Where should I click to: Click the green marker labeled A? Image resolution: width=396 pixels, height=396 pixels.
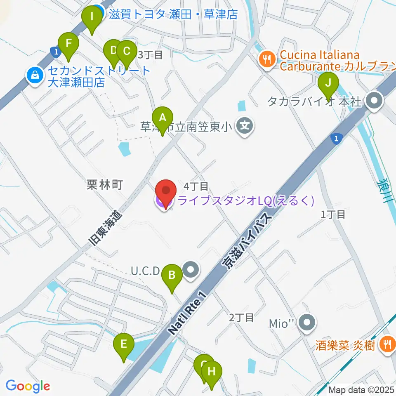163,118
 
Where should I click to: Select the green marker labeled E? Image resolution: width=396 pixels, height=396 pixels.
124,344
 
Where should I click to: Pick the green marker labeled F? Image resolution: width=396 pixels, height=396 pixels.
68,44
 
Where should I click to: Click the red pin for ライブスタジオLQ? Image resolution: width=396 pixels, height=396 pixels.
166,192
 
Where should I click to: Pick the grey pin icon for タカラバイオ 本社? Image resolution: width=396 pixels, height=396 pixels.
375,101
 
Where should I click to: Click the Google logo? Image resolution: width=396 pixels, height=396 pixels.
28,386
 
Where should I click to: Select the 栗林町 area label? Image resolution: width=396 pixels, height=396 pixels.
105,185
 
